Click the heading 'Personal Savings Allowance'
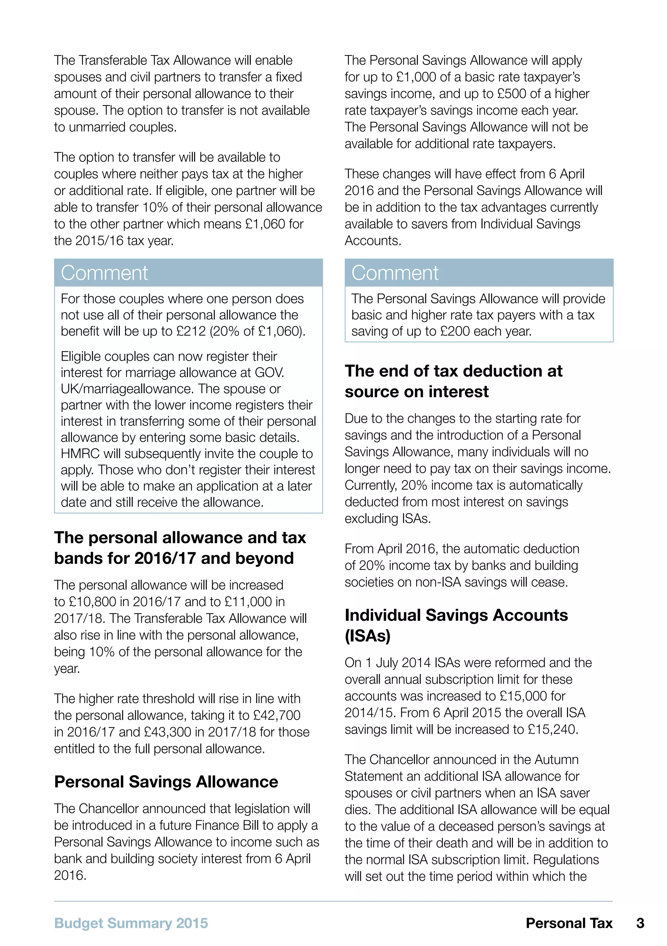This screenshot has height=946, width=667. [166, 782]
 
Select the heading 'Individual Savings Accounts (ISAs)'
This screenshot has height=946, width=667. [456, 625]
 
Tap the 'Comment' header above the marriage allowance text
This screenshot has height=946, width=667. [104, 273]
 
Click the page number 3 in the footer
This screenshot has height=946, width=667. [640, 923]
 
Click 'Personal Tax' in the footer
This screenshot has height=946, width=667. [569, 923]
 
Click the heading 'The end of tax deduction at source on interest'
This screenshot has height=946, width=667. [453, 381]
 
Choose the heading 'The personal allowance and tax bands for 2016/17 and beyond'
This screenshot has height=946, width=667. [180, 548]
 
